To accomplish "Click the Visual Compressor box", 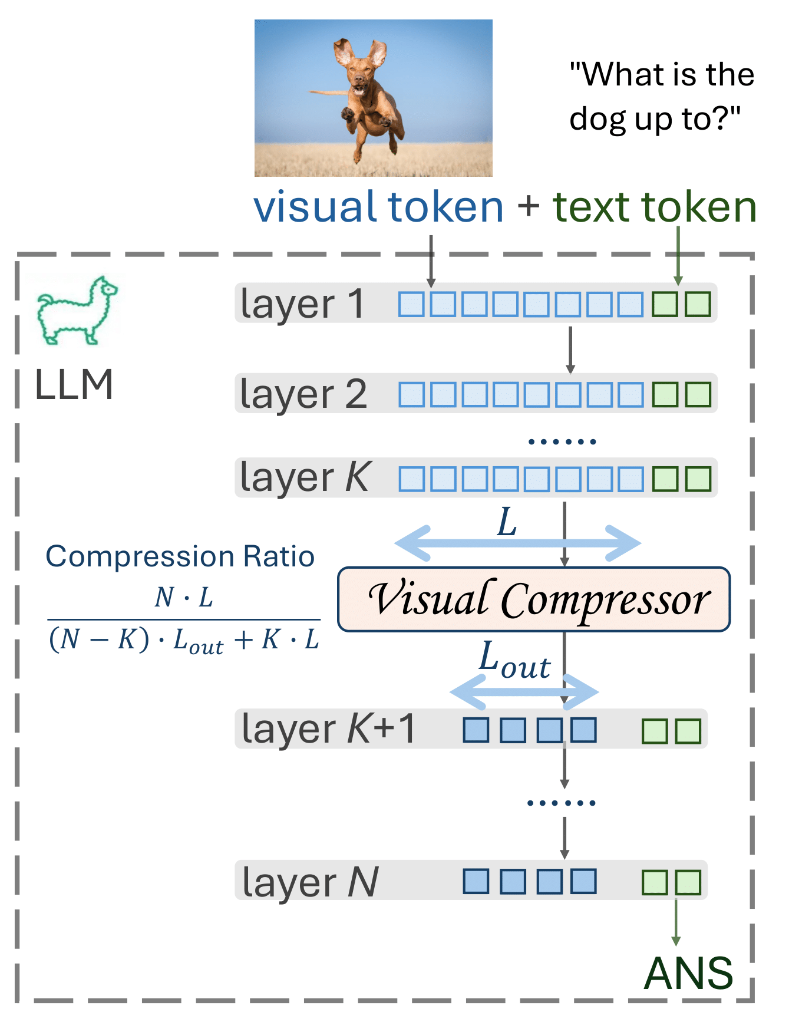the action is tap(534, 599).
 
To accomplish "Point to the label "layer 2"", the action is tap(303, 394).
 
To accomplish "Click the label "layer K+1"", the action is tap(329, 729).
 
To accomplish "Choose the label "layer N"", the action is tap(310, 882).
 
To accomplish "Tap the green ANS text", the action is tap(689, 973).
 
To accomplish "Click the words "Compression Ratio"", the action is tap(180, 556).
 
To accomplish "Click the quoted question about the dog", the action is tap(662, 97).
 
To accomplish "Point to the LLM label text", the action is tap(74, 385).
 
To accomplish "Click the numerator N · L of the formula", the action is tap(184, 597).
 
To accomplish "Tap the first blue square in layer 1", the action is tap(411, 305).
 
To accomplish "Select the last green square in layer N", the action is tap(688, 882).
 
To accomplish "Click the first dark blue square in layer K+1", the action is tap(476, 730).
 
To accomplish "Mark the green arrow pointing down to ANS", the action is tap(676, 922).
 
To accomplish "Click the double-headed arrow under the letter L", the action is tap(517, 543).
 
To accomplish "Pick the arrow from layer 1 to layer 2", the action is tap(570, 350).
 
